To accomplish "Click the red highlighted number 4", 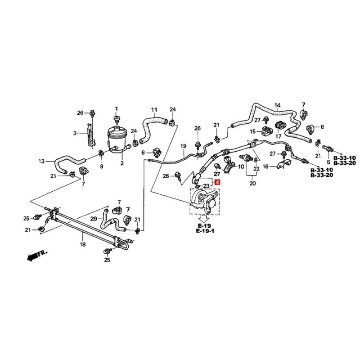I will [x=218, y=182].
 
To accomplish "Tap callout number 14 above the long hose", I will [x=278, y=105].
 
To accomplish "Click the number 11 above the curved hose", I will [x=154, y=110].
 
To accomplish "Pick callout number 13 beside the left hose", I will [x=42, y=161].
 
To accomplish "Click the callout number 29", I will [x=93, y=218].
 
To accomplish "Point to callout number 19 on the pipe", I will [x=183, y=146].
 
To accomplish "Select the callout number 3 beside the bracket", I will [x=76, y=133].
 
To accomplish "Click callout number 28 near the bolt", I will [x=166, y=175].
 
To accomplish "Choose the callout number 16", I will [x=265, y=166].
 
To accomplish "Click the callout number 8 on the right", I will [x=322, y=127].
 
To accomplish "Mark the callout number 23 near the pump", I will [x=206, y=186].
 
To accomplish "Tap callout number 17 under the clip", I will [x=279, y=135].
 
